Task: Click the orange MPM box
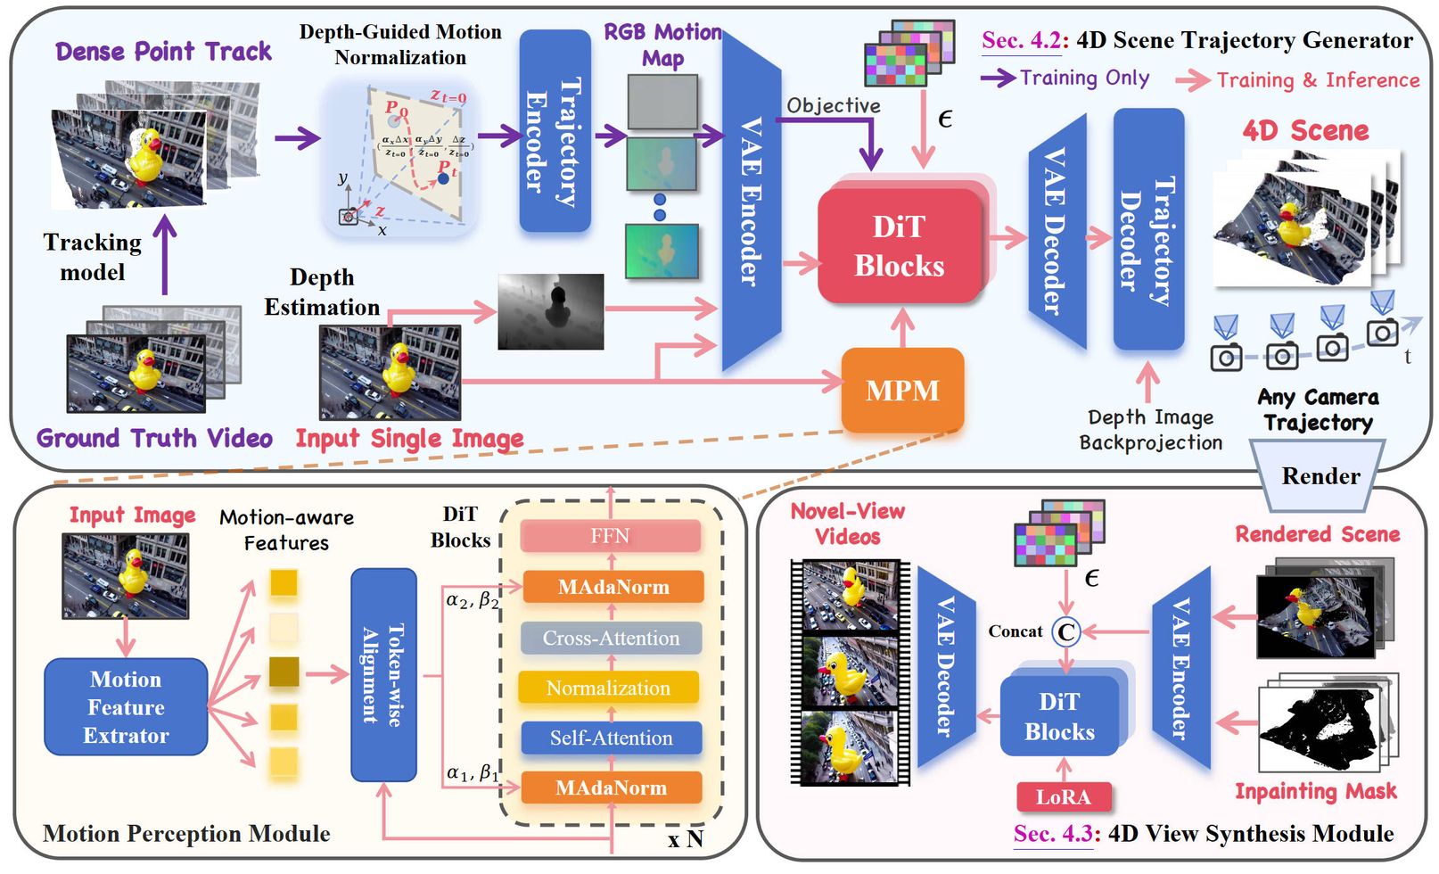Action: [x=902, y=390]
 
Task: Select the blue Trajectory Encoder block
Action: [x=555, y=131]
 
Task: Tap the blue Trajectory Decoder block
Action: [x=1148, y=229]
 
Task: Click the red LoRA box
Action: [x=1063, y=796]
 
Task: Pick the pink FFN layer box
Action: [x=611, y=536]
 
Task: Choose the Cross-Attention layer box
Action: [x=611, y=639]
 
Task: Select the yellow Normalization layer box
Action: [x=609, y=688]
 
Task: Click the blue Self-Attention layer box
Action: [x=611, y=738]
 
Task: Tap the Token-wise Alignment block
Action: [x=383, y=675]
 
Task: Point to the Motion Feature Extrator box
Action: [x=126, y=707]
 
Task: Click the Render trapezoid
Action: [x=1320, y=475]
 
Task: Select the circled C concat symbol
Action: [x=1065, y=632]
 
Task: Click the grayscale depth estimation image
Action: [x=550, y=311]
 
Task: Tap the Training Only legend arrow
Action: [x=998, y=78]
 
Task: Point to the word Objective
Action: [x=833, y=106]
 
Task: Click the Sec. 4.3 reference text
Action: [x=1053, y=834]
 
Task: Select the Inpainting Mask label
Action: [x=1315, y=791]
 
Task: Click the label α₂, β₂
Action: [x=473, y=599]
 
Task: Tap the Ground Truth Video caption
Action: [x=154, y=439]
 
